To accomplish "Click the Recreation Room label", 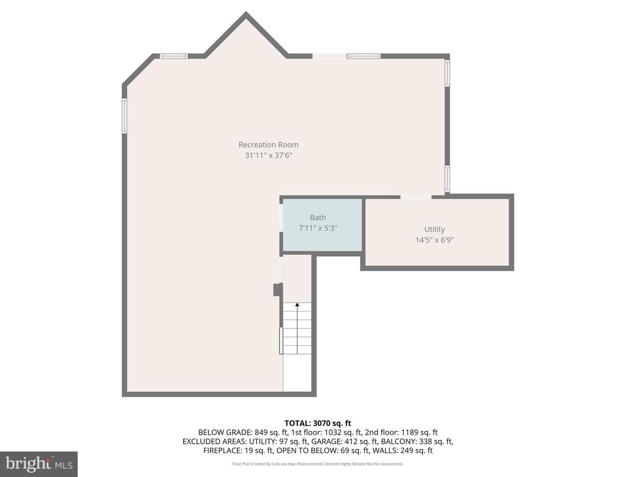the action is click(x=268, y=144).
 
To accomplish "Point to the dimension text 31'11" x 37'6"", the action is click(x=268, y=155).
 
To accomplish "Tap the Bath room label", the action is click(x=318, y=217).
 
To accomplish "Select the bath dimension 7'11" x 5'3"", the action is click(x=318, y=228).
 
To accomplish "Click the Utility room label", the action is click(x=434, y=229).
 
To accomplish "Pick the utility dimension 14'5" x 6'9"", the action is click(x=434, y=240).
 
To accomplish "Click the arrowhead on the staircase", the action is click(x=297, y=304).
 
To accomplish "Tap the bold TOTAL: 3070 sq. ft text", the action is click(x=318, y=423).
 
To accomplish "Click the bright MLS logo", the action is click(x=39, y=464).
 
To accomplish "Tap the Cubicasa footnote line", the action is click(x=318, y=464).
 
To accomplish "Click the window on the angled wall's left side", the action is click(x=124, y=116).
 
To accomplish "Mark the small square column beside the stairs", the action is click(x=278, y=290).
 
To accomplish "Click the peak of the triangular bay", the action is click(x=246, y=12).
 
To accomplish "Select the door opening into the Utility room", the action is click(x=416, y=197).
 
